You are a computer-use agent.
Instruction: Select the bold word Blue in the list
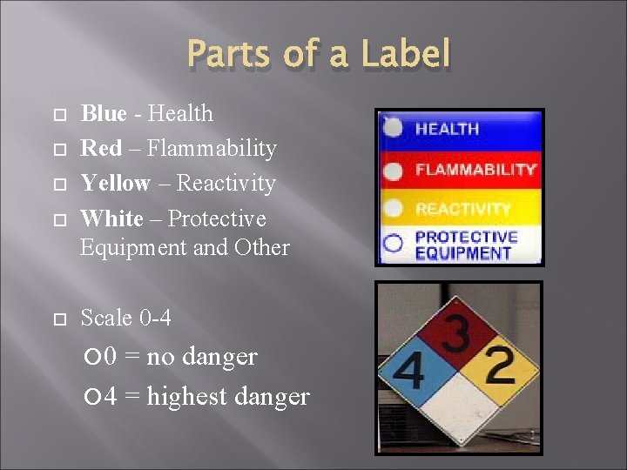point(103,113)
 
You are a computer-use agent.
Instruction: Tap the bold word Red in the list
point(101,148)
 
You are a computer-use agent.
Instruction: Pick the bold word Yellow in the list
point(115,183)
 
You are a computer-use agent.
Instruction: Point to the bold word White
point(111,218)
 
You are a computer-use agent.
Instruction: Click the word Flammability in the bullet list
point(212,148)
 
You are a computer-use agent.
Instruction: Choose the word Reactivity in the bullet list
point(226,183)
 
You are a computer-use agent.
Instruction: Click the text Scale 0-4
point(125,318)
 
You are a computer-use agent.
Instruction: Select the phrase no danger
point(202,357)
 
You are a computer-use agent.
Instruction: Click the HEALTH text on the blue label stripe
point(447,129)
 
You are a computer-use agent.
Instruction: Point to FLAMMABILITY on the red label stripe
point(475,169)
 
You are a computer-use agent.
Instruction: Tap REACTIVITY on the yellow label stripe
point(462,209)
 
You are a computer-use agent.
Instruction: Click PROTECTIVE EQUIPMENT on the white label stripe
point(466,245)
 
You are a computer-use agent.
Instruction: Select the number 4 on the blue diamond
point(409,372)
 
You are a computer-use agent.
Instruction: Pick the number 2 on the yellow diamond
point(499,366)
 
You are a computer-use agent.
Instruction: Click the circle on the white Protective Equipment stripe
point(394,244)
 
